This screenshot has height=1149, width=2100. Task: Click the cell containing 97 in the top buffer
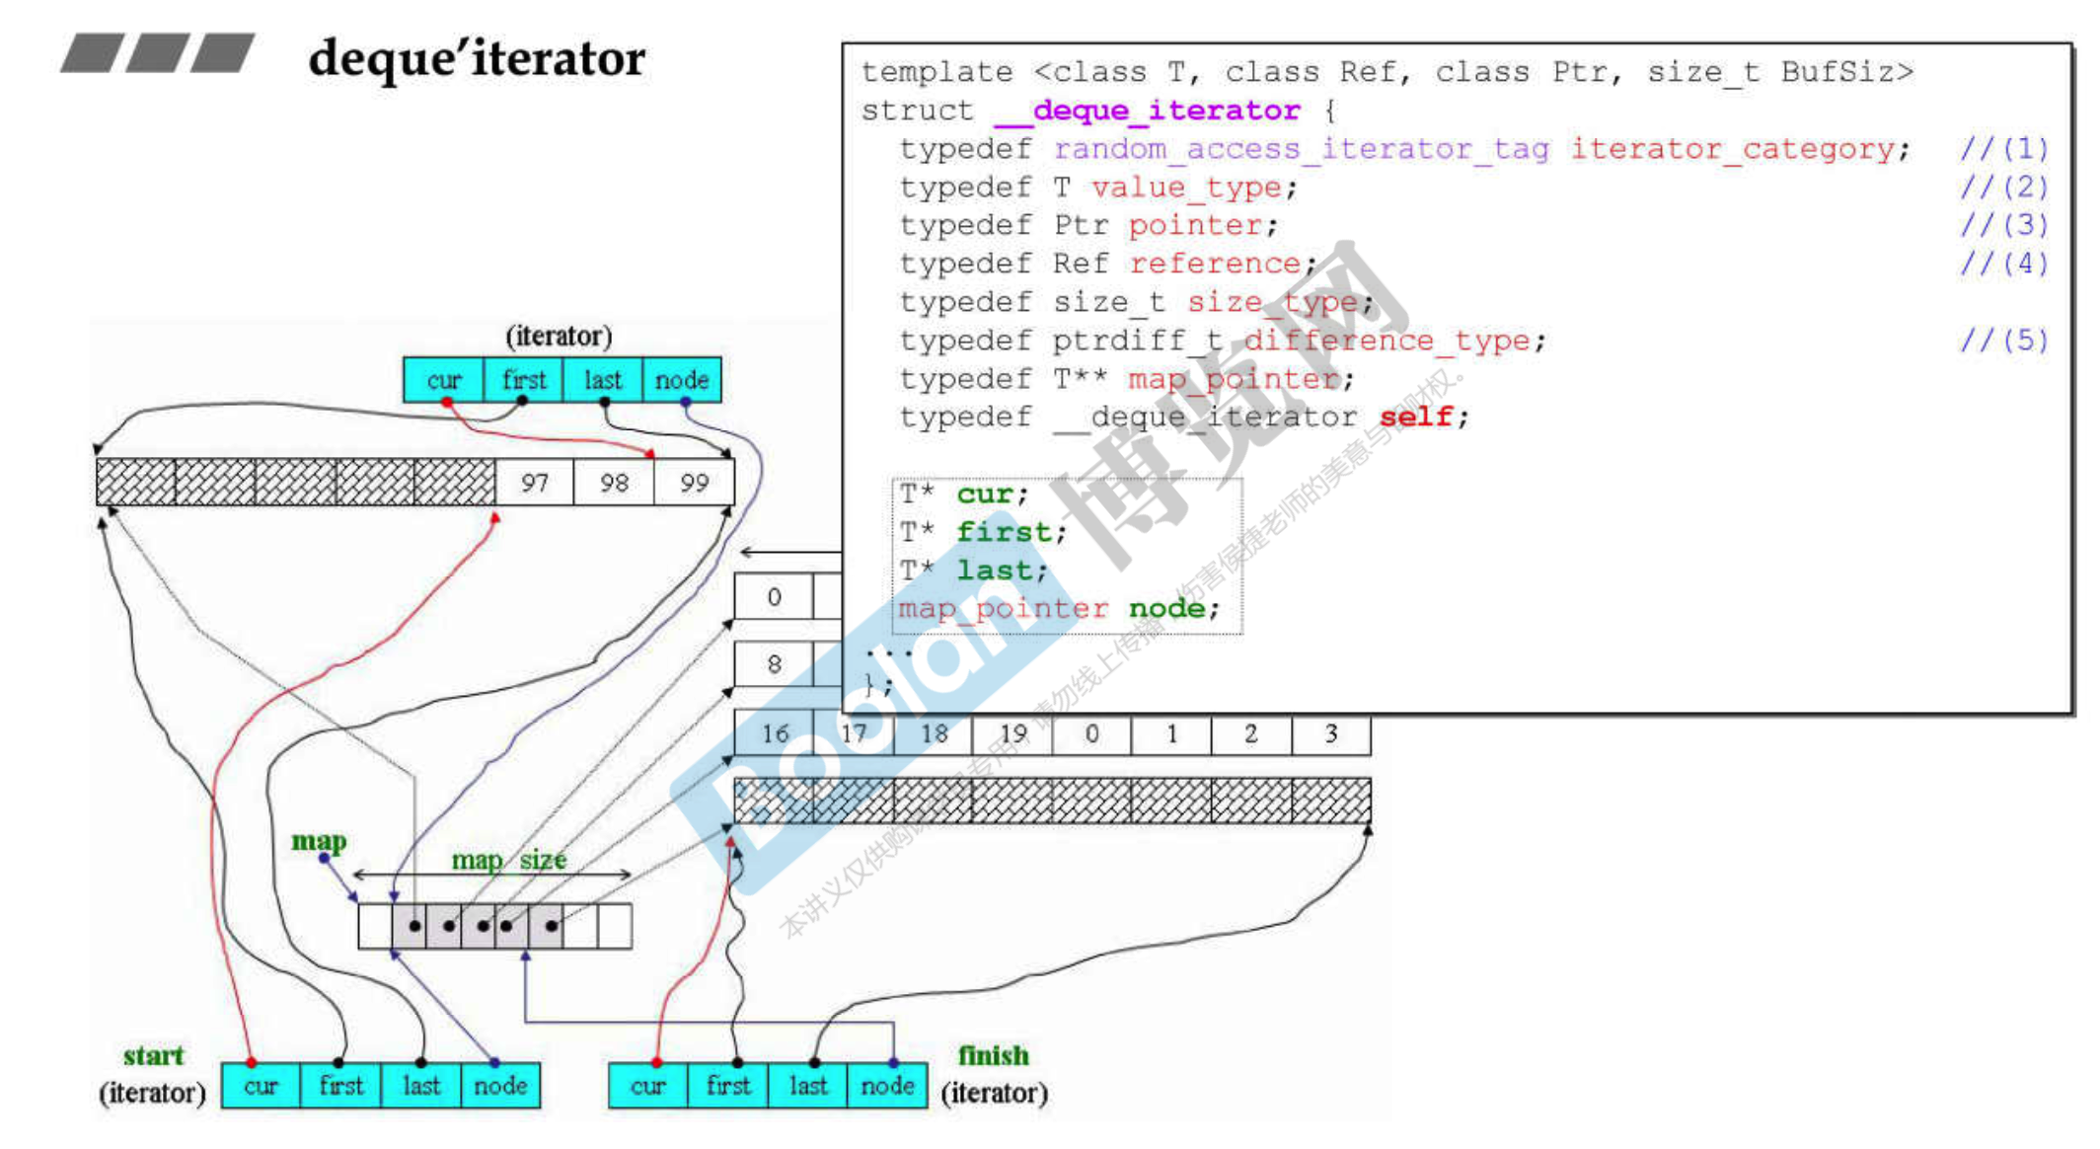point(534,483)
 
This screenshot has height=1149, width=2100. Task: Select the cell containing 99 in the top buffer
point(694,483)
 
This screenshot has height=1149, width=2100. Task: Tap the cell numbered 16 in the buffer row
point(775,733)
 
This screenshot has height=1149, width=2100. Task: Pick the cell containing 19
point(1012,733)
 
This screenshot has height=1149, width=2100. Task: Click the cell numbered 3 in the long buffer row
point(1330,733)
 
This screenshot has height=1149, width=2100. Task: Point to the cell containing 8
point(775,664)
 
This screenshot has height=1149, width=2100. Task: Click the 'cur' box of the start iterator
point(261,1086)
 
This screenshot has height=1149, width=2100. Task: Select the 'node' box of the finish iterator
point(887,1086)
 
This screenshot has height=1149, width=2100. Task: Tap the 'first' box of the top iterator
point(523,380)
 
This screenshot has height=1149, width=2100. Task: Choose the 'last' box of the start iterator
point(420,1086)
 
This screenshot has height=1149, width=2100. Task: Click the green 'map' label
point(319,841)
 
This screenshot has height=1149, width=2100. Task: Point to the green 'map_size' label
point(509,860)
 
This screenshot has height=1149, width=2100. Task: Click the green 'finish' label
point(993,1055)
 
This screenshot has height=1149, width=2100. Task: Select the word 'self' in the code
point(1416,417)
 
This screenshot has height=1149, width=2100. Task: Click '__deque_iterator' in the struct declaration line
point(1148,111)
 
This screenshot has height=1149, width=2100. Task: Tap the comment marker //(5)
point(2003,341)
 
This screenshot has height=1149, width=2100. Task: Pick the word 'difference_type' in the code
point(1387,341)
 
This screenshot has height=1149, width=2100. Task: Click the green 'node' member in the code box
point(1166,608)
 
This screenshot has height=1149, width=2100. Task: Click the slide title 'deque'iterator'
point(477,58)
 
